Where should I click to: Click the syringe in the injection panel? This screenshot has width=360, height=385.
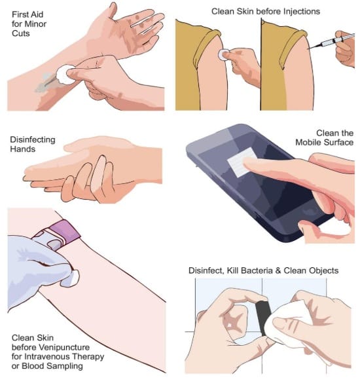click(333, 41)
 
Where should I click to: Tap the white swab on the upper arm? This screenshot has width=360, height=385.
click(223, 55)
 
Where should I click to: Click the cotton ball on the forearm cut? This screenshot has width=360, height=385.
click(65, 74)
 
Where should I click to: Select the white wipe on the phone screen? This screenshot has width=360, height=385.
click(242, 162)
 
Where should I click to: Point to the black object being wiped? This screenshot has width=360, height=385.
click(264, 318)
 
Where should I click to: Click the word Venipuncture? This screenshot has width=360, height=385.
click(63, 348)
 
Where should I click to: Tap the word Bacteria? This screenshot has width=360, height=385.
click(257, 270)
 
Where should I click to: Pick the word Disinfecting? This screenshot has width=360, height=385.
click(33, 139)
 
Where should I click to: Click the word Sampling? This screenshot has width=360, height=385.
click(65, 366)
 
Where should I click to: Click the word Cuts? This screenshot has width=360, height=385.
click(21, 33)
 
